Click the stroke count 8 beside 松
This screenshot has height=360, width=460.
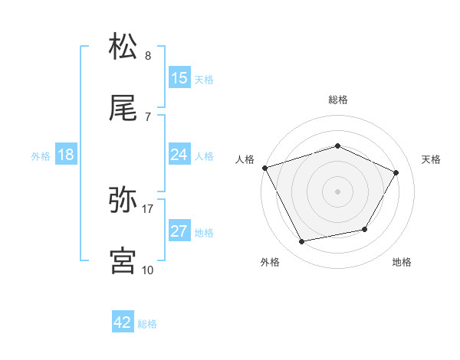tap(147, 56)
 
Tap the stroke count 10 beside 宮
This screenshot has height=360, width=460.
tap(147, 270)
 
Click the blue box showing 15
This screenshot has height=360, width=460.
tap(179, 78)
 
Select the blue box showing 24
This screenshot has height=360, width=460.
tap(179, 155)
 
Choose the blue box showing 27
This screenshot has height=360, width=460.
tap(179, 231)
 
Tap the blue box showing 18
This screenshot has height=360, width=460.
tap(66, 155)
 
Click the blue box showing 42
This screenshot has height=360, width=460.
tap(123, 323)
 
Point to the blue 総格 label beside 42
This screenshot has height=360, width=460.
tap(147, 324)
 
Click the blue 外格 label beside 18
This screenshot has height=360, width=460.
tap(41, 155)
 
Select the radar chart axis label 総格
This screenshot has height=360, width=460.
tap(337, 100)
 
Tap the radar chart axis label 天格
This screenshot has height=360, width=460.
tap(431, 159)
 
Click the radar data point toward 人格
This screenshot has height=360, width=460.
tap(264, 168)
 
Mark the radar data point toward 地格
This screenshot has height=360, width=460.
tap(365, 229)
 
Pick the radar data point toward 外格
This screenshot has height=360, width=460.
tap(302, 242)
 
